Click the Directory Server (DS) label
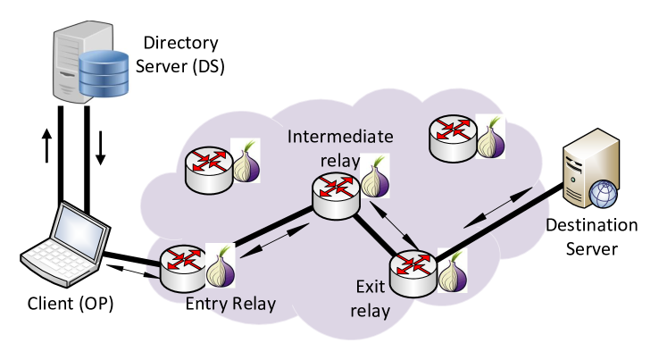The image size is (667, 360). (180, 54)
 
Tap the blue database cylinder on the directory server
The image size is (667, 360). (104, 72)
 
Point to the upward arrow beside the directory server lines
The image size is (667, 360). (46, 146)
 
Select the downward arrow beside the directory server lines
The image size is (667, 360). (100, 148)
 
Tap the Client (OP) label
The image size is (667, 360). (71, 304)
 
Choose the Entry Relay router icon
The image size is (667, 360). (183, 268)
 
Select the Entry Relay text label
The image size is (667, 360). (230, 304)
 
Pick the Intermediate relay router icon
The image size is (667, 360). (336, 197)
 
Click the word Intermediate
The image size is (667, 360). (340, 137)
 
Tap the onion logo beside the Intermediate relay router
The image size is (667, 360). (375, 178)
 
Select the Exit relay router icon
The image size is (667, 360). (413, 274)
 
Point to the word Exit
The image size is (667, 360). (370, 287)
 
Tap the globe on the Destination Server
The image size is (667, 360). (604, 194)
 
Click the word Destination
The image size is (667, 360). (592, 225)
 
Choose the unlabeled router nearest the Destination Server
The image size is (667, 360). (454, 138)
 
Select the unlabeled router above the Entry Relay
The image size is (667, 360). (209, 171)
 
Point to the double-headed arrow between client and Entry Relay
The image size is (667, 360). (133, 271)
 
